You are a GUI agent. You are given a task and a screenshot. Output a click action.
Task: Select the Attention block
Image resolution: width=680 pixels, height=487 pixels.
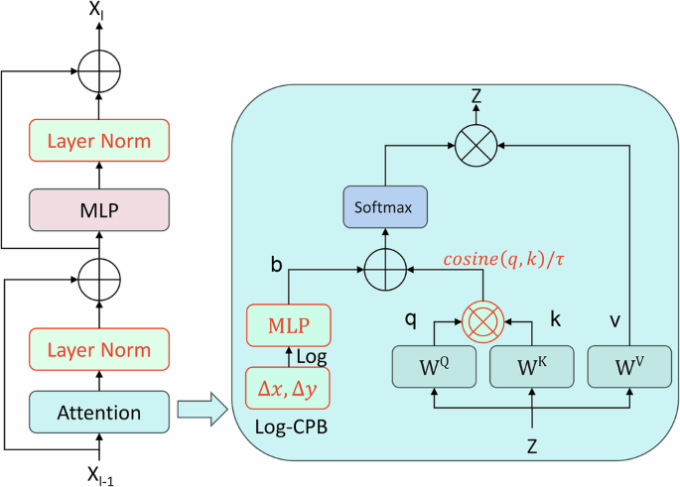99,411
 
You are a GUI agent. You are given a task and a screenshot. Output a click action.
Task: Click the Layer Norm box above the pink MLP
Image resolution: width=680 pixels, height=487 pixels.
99,141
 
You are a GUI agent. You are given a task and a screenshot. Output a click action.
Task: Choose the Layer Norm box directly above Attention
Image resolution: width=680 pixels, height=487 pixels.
99,349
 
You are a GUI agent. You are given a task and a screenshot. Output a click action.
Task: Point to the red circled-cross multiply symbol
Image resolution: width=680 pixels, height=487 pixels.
483,323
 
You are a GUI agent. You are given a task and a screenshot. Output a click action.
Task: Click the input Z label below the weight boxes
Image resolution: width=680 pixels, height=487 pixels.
532,446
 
